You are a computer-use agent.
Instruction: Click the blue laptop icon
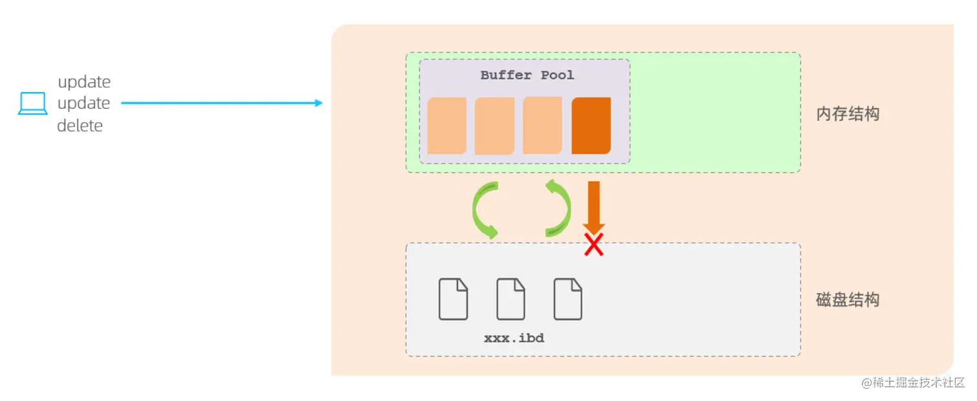tap(32, 103)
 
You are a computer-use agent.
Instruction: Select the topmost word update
tap(84, 82)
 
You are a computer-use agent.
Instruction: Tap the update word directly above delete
tap(83, 103)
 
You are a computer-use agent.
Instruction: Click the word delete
tap(79, 125)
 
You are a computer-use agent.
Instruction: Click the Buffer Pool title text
tap(527, 75)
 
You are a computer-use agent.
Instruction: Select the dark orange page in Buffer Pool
tap(591, 126)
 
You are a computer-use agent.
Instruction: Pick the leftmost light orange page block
tap(446, 126)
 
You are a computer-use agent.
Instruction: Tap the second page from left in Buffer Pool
tap(494, 126)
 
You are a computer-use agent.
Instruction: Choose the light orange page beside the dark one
tap(542, 126)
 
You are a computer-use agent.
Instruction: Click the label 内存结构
tap(848, 114)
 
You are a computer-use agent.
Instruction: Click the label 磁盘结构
tap(848, 300)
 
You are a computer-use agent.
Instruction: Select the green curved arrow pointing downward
tap(484, 210)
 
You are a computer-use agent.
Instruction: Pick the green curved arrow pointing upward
tap(558, 208)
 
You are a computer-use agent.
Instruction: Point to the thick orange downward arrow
tap(593, 206)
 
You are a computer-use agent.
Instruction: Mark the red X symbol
tap(593, 244)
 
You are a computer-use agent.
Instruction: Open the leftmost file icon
tap(453, 299)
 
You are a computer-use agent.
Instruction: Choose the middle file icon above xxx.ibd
tap(510, 299)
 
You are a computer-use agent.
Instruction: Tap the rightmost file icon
tap(568, 299)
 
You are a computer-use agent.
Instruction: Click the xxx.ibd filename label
tap(514, 338)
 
